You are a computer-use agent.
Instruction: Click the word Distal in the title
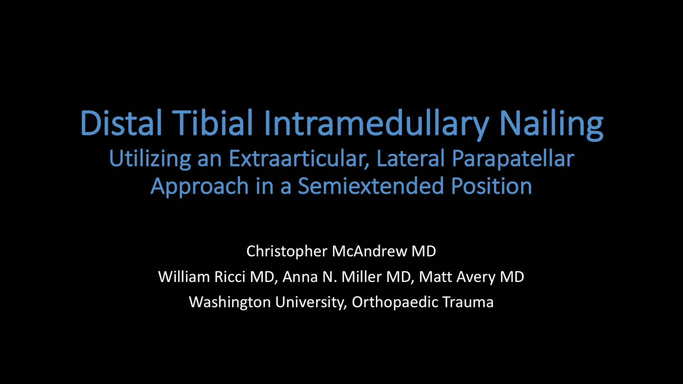pos(121,123)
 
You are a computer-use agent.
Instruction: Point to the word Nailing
pos(551,123)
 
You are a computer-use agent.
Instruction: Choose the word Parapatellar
pos(513,159)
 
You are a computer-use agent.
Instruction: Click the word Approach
pos(199,186)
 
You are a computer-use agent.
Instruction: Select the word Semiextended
pos(371,186)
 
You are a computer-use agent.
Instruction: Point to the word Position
pos(491,186)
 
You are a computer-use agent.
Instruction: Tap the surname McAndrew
pos(369,251)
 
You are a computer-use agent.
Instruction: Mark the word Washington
pos(230,302)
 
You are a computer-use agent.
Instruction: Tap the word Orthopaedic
pos(395,302)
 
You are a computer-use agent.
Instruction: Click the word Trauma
pos(468,302)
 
